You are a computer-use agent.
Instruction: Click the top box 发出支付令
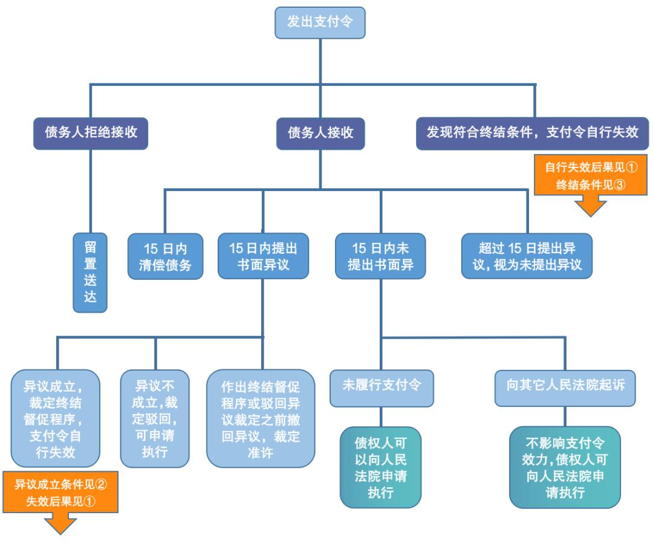point(320,23)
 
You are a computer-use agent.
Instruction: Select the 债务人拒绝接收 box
point(90,132)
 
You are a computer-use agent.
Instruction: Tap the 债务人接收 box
point(320,132)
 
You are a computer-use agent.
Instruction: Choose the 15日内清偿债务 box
point(164,256)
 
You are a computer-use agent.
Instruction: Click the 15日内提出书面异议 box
point(263,256)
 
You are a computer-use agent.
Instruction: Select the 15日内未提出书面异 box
point(380,256)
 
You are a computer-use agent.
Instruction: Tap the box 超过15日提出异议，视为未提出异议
point(527,256)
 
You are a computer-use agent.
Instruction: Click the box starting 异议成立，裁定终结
point(55,418)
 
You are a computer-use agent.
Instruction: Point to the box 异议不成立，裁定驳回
point(155,418)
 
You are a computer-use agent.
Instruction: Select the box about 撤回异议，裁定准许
point(261,418)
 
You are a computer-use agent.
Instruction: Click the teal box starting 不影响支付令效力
point(565,467)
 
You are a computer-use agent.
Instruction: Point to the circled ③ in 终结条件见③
point(619,185)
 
